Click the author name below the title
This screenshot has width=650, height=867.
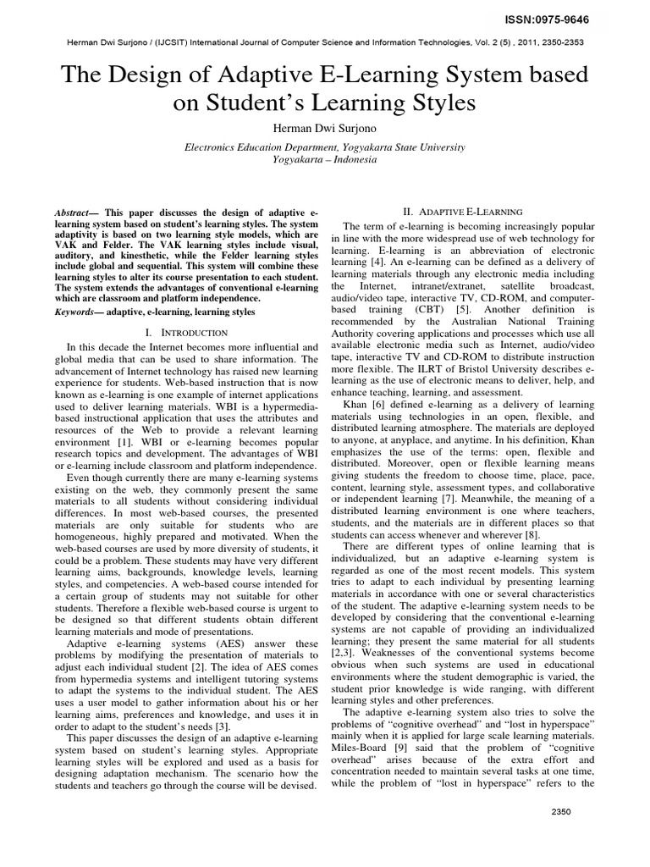click(324, 126)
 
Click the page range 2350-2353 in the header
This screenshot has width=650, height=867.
click(556, 41)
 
